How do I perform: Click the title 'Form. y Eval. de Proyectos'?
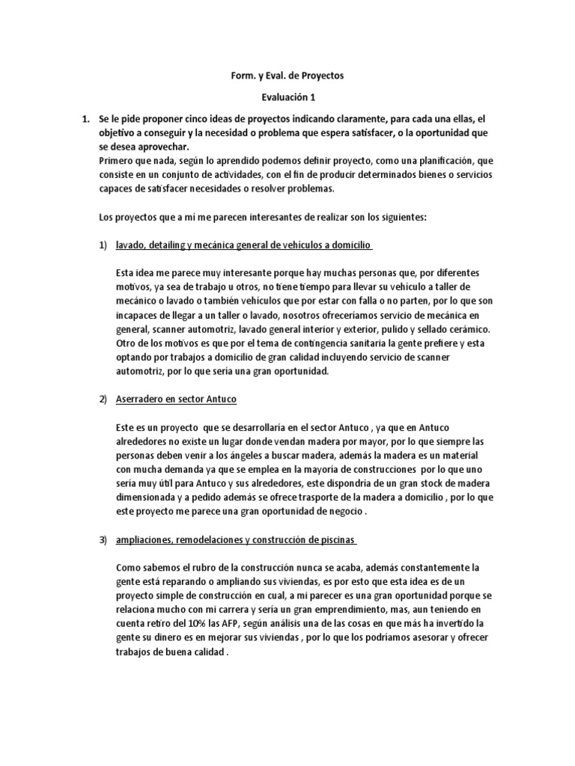pos(287,76)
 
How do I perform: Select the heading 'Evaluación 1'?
pos(287,97)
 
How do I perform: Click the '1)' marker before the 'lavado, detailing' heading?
pos(104,245)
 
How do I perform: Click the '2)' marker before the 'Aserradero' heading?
pos(104,399)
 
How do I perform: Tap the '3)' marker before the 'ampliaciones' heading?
pos(104,539)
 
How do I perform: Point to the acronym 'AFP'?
pos(239,623)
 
